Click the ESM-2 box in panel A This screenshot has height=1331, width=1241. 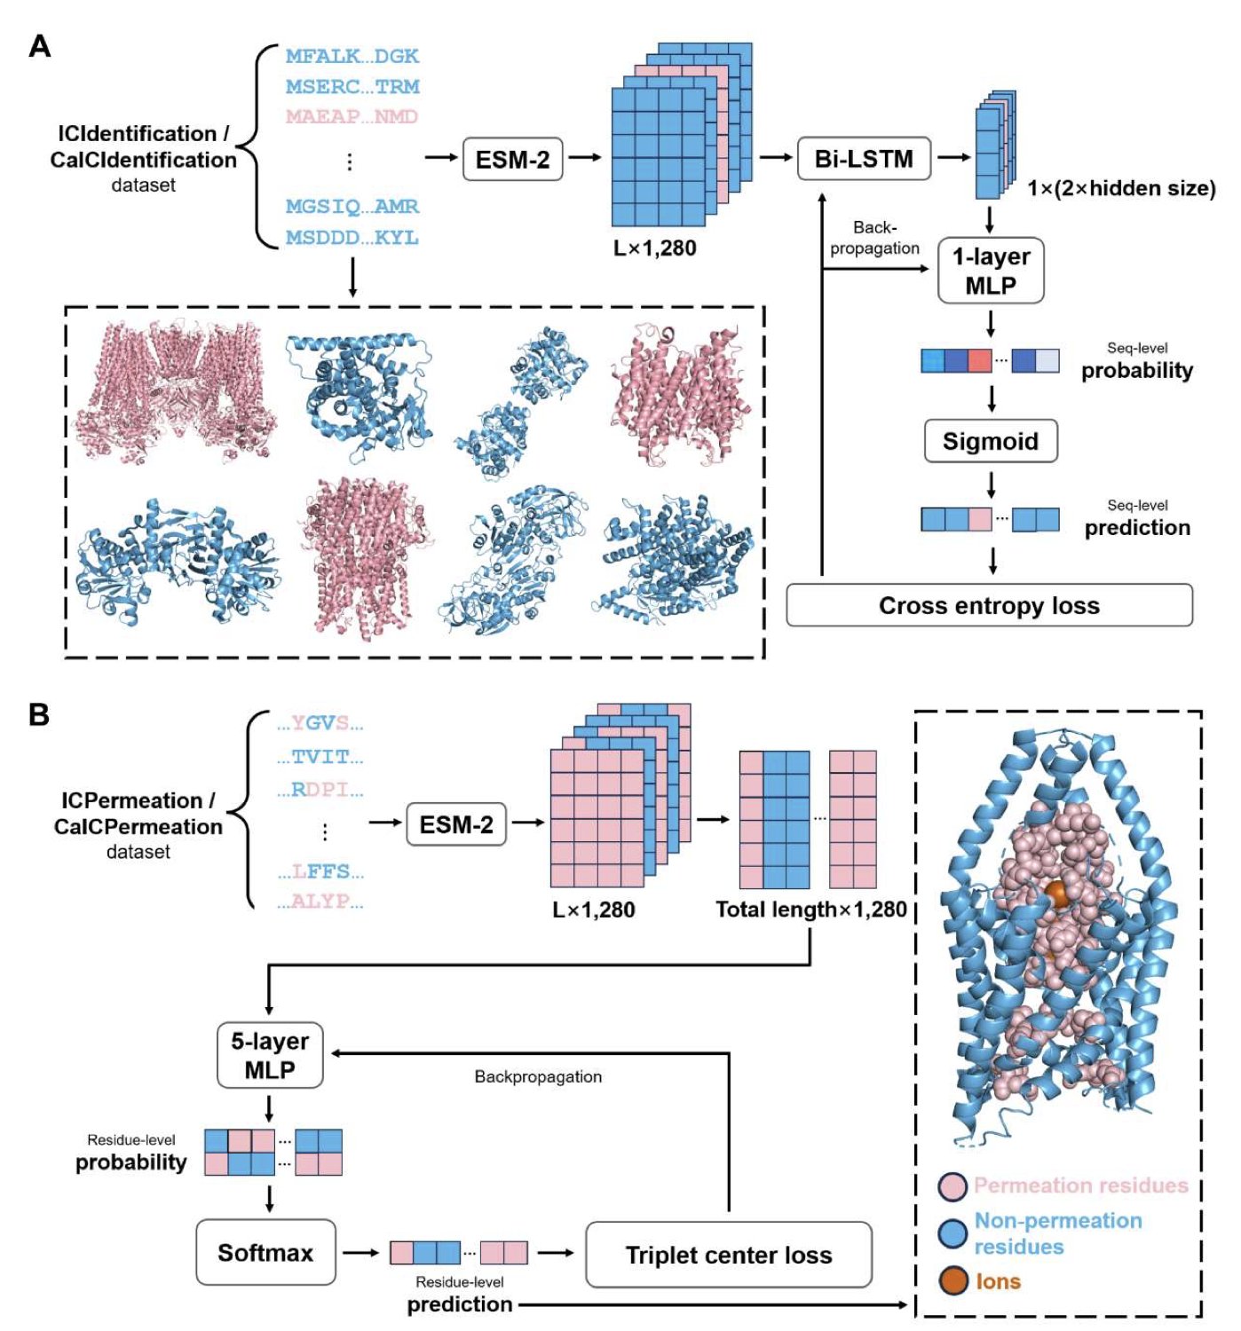point(512,160)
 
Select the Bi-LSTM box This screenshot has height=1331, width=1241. point(864,159)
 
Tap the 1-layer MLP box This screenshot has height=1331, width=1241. point(990,271)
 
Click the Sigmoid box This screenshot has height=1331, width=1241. point(990,441)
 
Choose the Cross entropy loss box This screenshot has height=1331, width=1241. point(989,605)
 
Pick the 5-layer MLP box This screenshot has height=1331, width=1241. point(270,1055)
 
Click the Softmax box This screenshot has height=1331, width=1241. point(265,1252)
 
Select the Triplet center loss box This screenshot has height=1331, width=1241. point(728,1255)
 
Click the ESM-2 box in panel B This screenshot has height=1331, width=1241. point(455,824)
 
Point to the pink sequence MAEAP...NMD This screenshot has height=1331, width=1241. point(352,116)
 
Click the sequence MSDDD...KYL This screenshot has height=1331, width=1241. point(352,238)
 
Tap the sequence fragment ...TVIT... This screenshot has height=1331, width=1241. point(320,757)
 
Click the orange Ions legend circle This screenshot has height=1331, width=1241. point(953,1280)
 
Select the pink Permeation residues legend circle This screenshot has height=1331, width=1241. point(953,1185)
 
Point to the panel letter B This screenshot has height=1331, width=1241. point(38,714)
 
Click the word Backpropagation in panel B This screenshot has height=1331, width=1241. point(538,1076)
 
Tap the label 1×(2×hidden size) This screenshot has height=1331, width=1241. point(1121,188)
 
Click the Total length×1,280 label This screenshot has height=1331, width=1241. point(810,910)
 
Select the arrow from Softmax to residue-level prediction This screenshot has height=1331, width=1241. point(361,1253)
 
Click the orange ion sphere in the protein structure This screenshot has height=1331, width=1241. point(1056,894)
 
